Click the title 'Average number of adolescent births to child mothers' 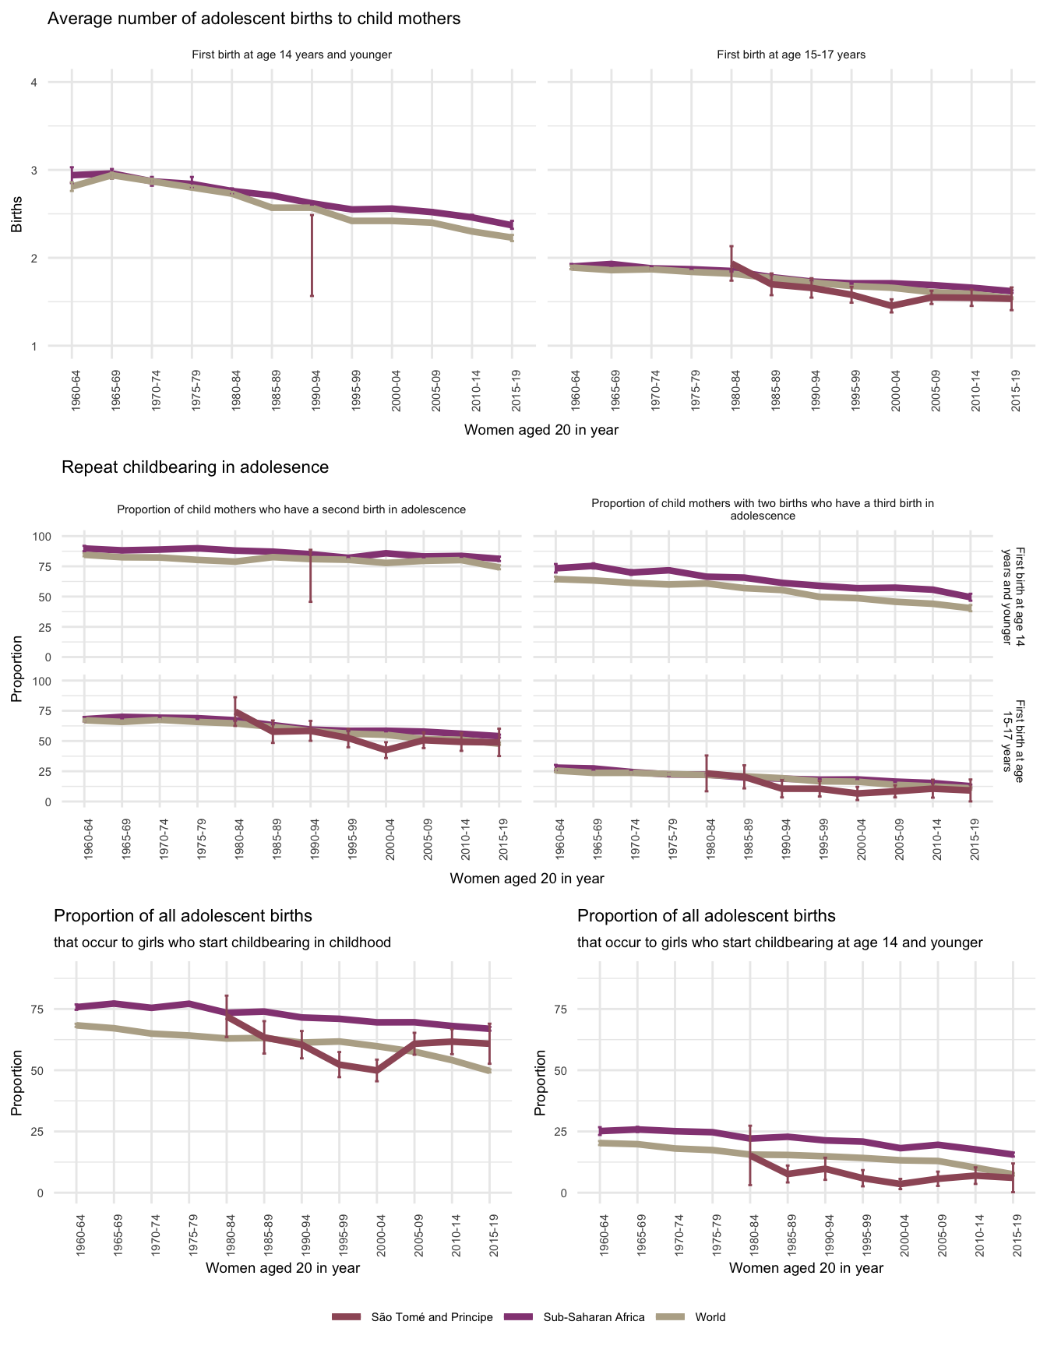[254, 19]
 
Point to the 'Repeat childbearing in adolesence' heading [195, 467]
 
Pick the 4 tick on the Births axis [34, 83]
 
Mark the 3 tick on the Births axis [34, 171]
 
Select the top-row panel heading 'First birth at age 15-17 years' [791, 55]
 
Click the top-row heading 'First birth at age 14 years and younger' [291, 55]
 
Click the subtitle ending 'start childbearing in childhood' [222, 943]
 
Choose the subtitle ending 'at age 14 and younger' [780, 943]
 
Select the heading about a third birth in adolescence [763, 509]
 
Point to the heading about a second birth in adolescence [291, 509]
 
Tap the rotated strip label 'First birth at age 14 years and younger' [1012, 596]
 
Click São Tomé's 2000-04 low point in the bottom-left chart [377, 1071]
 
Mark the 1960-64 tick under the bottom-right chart [601, 1234]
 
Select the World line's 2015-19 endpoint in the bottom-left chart [489, 1071]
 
